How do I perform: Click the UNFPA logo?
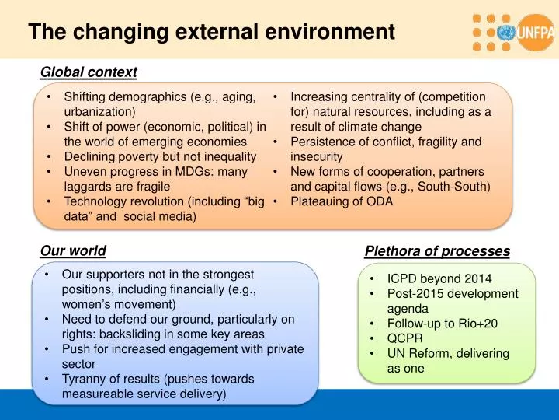pyautogui.click(x=513, y=31)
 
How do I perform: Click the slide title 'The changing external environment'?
pyautogui.click(x=211, y=32)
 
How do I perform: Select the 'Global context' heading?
pyautogui.click(x=89, y=72)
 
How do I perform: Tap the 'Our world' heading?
pyautogui.click(x=73, y=250)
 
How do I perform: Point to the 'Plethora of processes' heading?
pyautogui.click(x=437, y=251)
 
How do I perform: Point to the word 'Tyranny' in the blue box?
pyautogui.click(x=85, y=379)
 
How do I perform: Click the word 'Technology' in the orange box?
pyautogui.click(x=95, y=201)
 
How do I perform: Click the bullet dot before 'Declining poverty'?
pyautogui.click(x=49, y=157)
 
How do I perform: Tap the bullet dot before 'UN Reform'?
pyautogui.click(x=373, y=354)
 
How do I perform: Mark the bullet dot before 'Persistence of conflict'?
pyautogui.click(x=276, y=142)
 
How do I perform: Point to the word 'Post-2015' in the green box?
pyautogui.click(x=414, y=293)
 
